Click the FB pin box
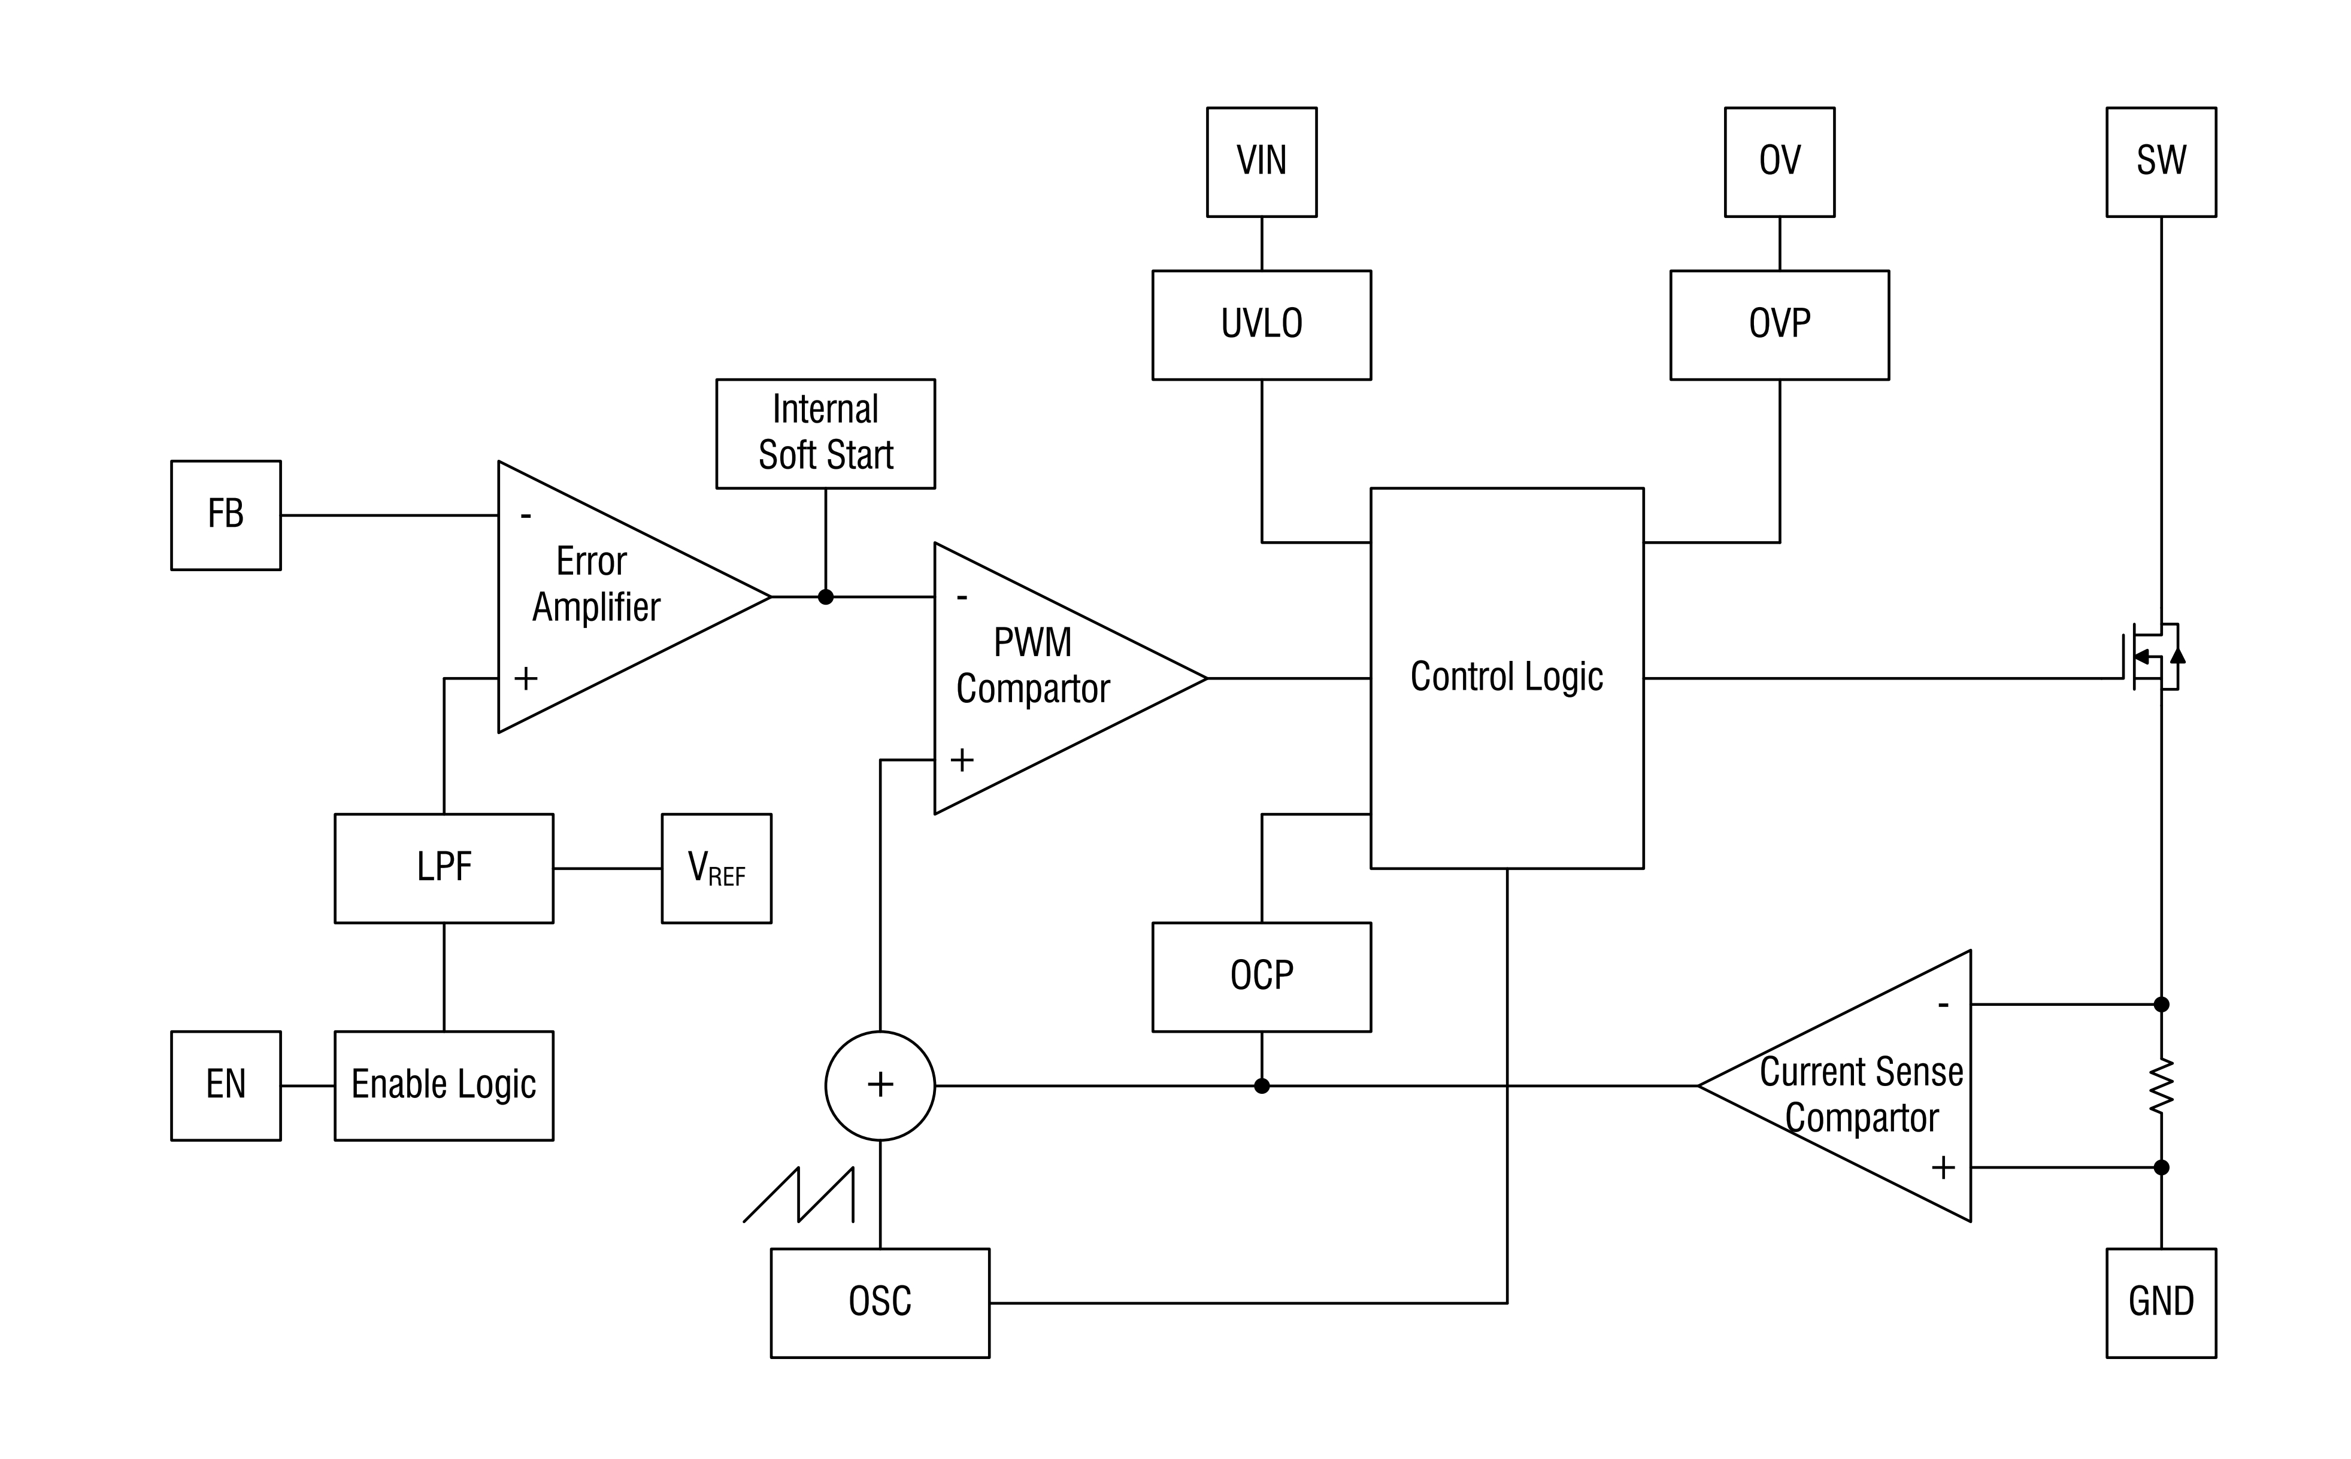coord(226,515)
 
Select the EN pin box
coord(226,1085)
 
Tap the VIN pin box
coord(1261,162)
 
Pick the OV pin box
coord(1780,162)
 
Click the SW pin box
coord(2161,162)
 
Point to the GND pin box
coord(2161,1303)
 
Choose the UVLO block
coord(1261,324)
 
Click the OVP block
coord(1780,324)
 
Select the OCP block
coord(1261,976)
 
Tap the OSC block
coord(879,1303)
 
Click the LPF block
coord(444,869)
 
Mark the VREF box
coord(716,869)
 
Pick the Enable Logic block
coord(444,1085)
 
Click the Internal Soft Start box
coord(825,433)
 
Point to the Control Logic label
coord(1507,677)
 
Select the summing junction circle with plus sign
coord(879,1085)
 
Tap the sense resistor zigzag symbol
coord(2161,1085)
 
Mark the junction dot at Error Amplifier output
coord(825,597)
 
